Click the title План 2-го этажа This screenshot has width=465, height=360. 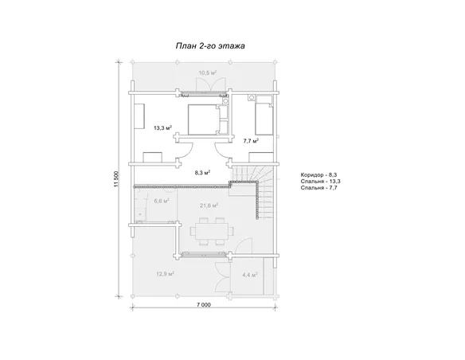coord(210,46)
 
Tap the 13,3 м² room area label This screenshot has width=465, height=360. coord(163,128)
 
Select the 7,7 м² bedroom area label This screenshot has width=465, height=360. coord(251,141)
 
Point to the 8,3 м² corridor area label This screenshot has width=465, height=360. coord(202,173)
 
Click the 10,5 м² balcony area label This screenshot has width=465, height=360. coord(207,73)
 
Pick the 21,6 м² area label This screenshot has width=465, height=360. coord(209,205)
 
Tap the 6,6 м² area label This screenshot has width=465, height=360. coord(162,201)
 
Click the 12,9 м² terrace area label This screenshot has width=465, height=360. coord(165,274)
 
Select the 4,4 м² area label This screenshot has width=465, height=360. coord(250,275)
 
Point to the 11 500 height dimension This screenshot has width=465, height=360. coord(116,179)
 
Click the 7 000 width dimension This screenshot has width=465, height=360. coord(204,304)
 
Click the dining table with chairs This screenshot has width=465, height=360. coord(211,231)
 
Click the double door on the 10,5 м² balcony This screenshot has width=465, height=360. coord(210,84)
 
